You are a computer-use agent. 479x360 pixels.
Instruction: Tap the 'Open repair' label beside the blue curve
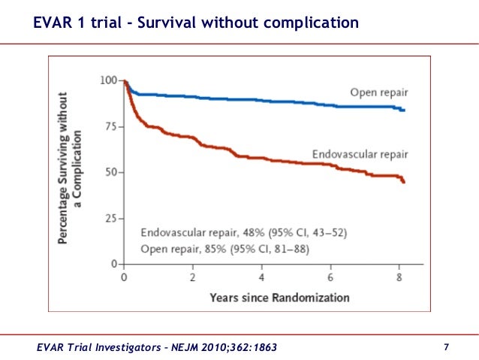click(378, 92)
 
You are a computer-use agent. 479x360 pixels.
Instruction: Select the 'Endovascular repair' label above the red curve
click(360, 154)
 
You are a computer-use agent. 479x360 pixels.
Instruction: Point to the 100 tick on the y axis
click(110, 80)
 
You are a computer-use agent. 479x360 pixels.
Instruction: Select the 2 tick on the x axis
click(193, 277)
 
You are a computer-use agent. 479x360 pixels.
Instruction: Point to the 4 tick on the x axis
click(262, 277)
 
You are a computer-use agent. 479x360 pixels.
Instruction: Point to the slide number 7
click(446, 346)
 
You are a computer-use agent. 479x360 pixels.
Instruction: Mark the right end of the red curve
click(405, 183)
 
